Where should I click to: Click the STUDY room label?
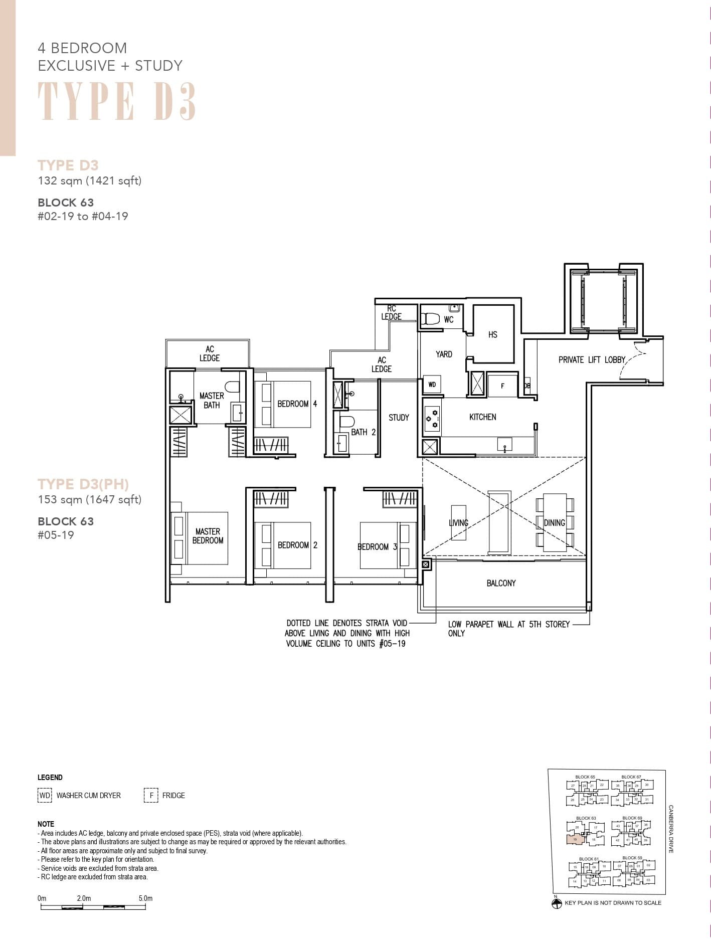[x=399, y=417]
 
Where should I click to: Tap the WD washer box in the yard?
[x=432, y=385]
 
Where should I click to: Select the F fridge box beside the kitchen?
[x=502, y=386]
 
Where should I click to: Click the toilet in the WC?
[x=430, y=319]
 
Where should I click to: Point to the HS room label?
[x=492, y=334]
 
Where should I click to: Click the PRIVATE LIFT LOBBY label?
[x=592, y=359]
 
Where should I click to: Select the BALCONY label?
[x=501, y=583]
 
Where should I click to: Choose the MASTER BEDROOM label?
[x=208, y=536]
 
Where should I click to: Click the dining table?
[x=555, y=522]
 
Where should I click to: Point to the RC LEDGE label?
[x=391, y=313]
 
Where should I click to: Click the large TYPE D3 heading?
[x=116, y=102]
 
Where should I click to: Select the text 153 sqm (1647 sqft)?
[x=90, y=499]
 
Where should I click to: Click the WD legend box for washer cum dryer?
[x=45, y=796]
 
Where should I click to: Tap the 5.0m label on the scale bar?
[x=145, y=898]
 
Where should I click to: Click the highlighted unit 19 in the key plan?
[x=576, y=839]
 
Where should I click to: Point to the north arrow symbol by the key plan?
[x=556, y=903]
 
